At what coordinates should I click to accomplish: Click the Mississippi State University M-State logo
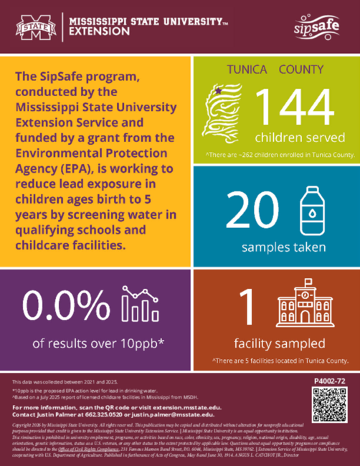pos(35,28)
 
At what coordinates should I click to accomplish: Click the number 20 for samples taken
pos(252,209)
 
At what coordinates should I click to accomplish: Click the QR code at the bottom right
pos(329,406)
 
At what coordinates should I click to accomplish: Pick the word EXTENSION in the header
pos(100,32)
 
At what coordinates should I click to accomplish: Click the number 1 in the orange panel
pos(246,306)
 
